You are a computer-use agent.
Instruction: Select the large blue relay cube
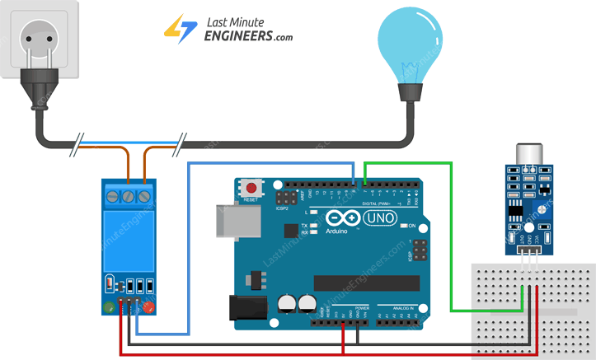(128, 240)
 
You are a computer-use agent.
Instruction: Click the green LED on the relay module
(109, 309)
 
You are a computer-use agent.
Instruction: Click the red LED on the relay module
(149, 309)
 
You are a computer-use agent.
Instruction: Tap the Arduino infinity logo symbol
(344, 219)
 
